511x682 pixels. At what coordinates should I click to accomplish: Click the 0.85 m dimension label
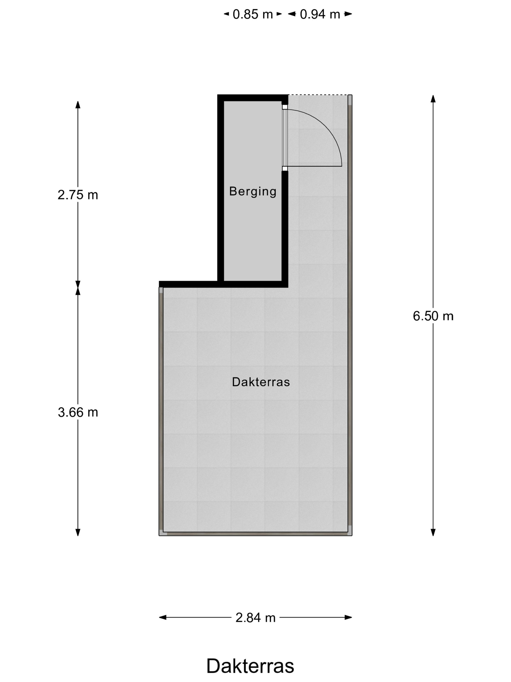pos(253,14)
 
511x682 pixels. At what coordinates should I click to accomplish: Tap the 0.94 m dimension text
pos(320,14)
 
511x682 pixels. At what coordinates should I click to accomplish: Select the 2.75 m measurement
pos(78,195)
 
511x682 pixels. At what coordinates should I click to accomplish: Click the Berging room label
pos(253,191)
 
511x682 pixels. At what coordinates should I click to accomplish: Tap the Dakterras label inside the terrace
pos(261,382)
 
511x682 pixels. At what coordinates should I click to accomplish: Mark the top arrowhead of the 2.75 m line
pos(78,104)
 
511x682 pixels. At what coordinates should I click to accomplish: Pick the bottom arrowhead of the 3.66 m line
pos(78,532)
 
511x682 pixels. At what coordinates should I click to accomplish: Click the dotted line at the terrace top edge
pos(318,95)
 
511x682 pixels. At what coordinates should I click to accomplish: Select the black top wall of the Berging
pos(253,98)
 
